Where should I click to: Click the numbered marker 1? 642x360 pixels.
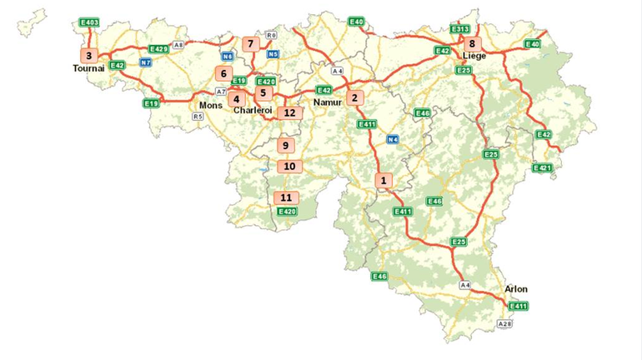click(x=384, y=179)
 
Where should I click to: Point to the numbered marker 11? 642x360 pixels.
click(x=286, y=198)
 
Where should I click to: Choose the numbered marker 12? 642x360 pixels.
click(x=289, y=112)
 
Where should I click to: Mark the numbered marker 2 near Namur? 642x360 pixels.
click(x=355, y=97)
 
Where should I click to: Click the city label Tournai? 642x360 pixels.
click(x=88, y=69)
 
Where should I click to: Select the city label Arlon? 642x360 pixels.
click(x=516, y=289)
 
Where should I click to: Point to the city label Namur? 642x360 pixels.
click(x=327, y=102)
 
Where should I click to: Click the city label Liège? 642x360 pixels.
click(x=474, y=57)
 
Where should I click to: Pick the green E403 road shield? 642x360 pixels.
click(x=89, y=22)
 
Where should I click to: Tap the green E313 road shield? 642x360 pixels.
click(x=459, y=29)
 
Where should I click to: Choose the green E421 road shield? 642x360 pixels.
click(x=542, y=168)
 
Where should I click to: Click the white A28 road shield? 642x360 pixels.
click(x=504, y=323)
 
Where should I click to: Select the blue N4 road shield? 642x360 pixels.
click(x=393, y=139)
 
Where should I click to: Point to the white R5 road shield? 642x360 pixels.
click(x=198, y=117)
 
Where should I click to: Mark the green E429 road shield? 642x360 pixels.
click(x=158, y=50)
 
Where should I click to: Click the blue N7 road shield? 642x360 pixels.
click(x=146, y=62)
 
